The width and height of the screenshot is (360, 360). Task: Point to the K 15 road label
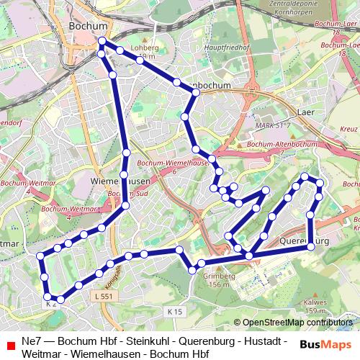[x=174, y=311]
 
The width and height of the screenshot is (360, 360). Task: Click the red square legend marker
[x=11, y=346]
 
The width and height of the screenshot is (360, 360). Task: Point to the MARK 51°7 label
[x=272, y=125]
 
